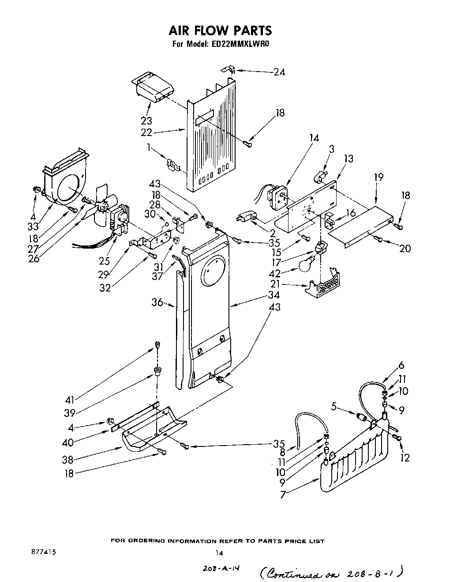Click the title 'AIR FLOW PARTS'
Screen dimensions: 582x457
coord(220,30)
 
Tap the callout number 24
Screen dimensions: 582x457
coord(279,72)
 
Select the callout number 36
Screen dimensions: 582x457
coord(157,302)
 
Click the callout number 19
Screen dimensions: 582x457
coord(378,177)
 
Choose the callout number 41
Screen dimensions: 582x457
coord(69,400)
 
